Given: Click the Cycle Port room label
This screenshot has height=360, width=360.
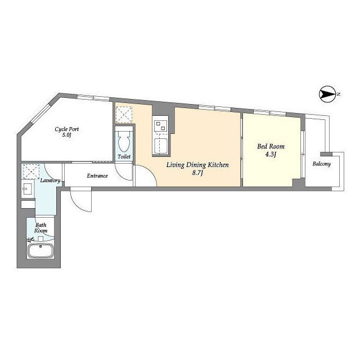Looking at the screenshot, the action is tap(67, 129).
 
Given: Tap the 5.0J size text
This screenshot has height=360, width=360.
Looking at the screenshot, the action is tap(67, 135).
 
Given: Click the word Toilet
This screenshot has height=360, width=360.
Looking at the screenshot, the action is tap(124, 157).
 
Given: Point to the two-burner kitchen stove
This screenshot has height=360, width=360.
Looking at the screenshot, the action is tap(160, 125).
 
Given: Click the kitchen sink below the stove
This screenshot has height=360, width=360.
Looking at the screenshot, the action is tap(160, 146).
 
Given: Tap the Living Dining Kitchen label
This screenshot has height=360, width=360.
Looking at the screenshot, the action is tap(197, 165).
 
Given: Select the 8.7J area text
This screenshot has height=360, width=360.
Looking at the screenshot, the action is tap(197, 173).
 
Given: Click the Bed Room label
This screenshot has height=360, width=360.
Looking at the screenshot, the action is tap(271, 146).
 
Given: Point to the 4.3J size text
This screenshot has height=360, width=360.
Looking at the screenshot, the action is tap(271, 155).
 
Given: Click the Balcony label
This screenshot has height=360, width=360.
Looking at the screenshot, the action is tap(321, 164).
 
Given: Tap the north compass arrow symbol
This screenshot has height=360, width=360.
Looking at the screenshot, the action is tap(327, 94).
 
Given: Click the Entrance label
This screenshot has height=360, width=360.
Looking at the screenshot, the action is tap(97, 176).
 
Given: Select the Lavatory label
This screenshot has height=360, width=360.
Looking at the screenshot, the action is tap(50, 181).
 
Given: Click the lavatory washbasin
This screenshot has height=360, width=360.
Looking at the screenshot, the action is tap(28, 189).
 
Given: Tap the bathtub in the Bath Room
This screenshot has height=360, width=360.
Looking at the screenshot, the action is tap(40, 250).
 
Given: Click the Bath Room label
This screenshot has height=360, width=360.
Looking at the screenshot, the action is tap(41, 228).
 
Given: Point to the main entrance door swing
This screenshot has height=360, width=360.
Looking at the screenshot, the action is tap(81, 200).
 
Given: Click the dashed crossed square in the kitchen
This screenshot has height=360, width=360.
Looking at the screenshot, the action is tap(124, 115).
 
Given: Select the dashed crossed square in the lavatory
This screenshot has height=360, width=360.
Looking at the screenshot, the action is tap(31, 171).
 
